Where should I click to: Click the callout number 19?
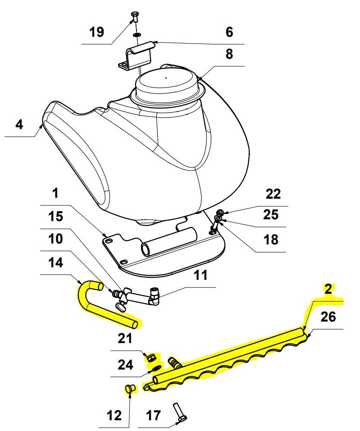97,32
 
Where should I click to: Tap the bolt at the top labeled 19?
135,18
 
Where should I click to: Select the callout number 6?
229,32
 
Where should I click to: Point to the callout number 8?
229,55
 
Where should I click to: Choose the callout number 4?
19,124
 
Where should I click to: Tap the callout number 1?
55,194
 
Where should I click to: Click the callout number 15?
56,217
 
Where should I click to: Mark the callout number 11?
201,275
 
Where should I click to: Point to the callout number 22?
273,194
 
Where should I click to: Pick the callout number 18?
271,239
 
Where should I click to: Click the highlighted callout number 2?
328,289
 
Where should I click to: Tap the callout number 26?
328,317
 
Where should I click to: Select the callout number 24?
125,365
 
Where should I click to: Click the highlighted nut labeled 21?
152,357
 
